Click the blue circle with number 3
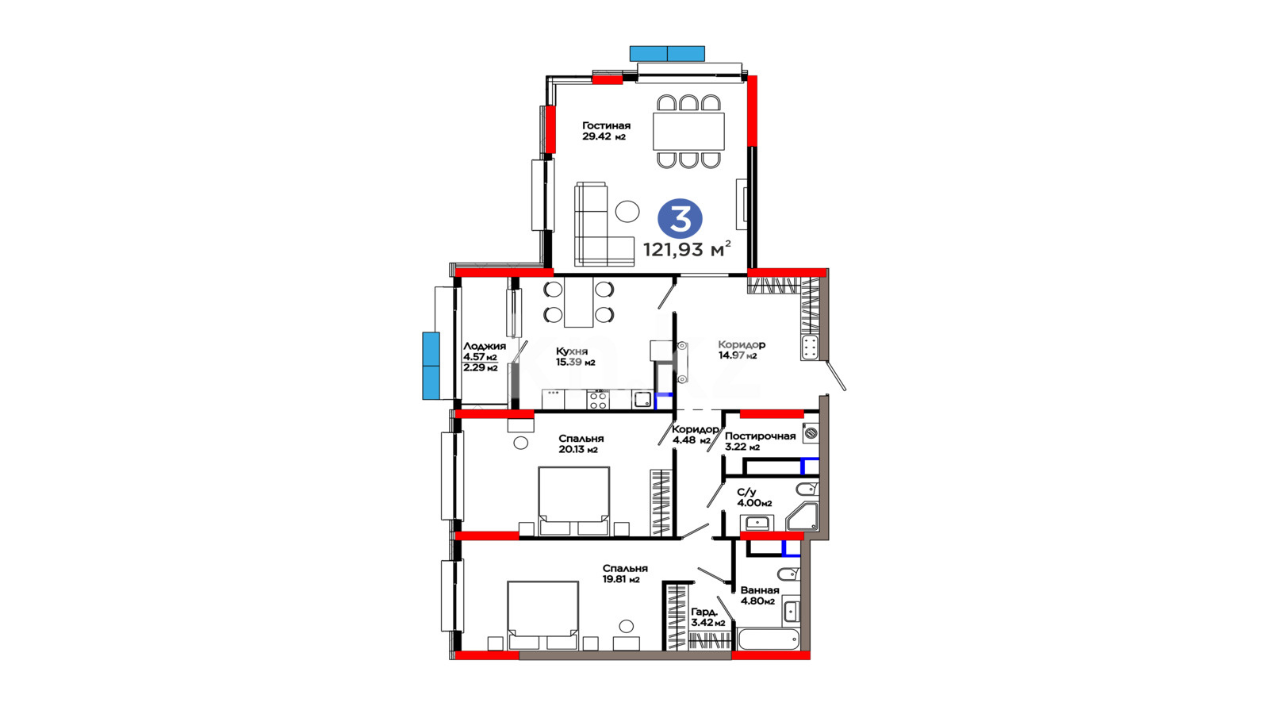click(x=680, y=218)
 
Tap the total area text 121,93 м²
click(x=687, y=249)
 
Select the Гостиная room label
click(x=606, y=126)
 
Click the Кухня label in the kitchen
click(x=572, y=351)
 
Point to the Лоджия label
click(x=485, y=346)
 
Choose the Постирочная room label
click(x=761, y=436)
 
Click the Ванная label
click(x=760, y=590)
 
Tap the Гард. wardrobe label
click(x=705, y=612)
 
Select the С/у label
click(x=746, y=493)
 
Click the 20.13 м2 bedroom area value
click(x=578, y=450)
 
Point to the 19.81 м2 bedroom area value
click(x=621, y=580)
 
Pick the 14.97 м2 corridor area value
click(x=738, y=356)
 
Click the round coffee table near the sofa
click(x=627, y=211)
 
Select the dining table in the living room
click(x=688, y=132)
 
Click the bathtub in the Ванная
click(x=769, y=639)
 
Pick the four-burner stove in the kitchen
click(x=598, y=401)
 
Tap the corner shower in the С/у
click(x=802, y=516)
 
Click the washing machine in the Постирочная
click(x=811, y=433)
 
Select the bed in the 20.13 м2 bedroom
click(x=574, y=501)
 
